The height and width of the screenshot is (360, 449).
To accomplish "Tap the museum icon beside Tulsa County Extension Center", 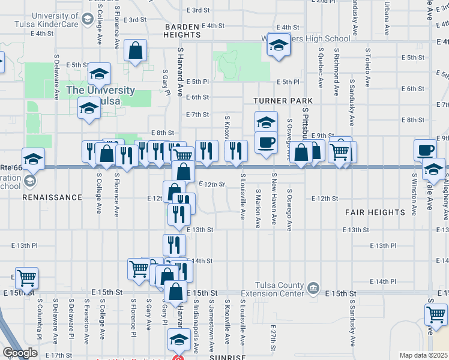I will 313,289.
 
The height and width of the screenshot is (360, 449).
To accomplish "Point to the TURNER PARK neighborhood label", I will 276,101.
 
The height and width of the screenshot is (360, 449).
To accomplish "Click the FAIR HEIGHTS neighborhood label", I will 375,212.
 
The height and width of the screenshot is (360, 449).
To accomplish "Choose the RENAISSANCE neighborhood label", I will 52,197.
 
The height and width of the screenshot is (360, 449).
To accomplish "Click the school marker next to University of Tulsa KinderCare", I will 88,19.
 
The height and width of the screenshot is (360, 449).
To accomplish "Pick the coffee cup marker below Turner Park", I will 266,143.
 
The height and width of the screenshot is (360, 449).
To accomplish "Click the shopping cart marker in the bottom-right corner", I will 436,315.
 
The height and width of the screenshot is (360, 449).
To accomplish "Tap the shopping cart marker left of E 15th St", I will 27,278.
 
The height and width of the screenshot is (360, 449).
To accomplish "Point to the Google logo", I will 20,353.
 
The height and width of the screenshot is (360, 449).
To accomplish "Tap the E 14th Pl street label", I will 384,281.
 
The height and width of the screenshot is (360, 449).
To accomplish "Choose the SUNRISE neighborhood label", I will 224,356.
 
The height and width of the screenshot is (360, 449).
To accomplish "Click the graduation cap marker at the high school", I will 279,45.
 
